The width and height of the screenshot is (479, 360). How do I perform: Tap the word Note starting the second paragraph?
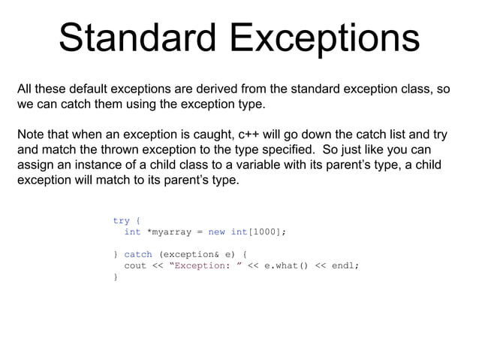(x=32, y=135)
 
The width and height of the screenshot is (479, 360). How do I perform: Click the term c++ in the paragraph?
(x=252, y=135)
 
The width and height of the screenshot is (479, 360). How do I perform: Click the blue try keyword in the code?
(x=121, y=221)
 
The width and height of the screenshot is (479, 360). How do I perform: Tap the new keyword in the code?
(x=216, y=232)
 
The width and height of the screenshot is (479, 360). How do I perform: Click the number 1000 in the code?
(x=263, y=232)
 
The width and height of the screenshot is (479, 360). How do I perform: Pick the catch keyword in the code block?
(x=138, y=255)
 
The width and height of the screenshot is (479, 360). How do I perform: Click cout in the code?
(x=135, y=265)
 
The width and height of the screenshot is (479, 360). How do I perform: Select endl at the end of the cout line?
(x=345, y=265)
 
